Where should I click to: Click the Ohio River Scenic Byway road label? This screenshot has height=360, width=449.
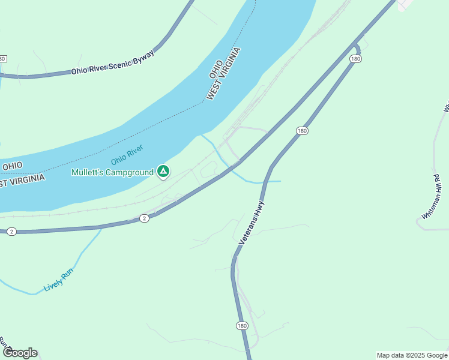113,62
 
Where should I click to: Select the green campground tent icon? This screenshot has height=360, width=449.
163,172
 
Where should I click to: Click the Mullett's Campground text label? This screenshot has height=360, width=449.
112,172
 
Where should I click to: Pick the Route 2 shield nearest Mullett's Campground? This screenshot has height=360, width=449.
144,218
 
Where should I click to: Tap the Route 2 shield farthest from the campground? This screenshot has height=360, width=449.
11,231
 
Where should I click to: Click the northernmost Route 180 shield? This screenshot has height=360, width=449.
355,59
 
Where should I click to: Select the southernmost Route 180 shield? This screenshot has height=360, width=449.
242,325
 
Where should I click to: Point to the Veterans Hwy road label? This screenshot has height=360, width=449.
252,222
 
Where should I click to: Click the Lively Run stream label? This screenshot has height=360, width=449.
58,280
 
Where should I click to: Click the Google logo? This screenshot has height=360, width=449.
20,353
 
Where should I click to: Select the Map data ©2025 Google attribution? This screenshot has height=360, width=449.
412,355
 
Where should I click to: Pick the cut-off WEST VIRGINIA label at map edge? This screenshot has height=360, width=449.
22,180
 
